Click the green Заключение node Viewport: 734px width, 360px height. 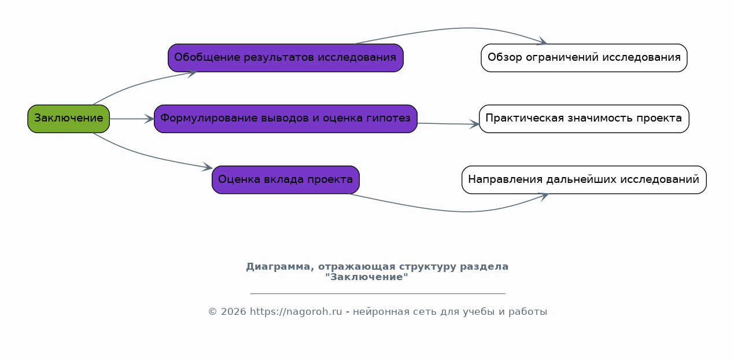[68, 119]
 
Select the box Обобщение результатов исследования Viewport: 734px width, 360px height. [285, 58]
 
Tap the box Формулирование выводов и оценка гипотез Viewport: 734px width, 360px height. [285, 119]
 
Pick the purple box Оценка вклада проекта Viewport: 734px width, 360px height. [285, 179]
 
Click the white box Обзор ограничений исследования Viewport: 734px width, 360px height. [584, 58]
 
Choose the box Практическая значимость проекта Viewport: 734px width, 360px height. [584, 119]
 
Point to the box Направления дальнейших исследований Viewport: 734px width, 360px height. [584, 179]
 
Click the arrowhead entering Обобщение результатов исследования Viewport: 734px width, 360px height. [192, 73]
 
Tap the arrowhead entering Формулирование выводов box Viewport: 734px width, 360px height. [149, 119]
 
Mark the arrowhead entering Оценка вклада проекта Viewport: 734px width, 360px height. [208, 167]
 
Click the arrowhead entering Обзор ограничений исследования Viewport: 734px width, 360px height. [542, 41]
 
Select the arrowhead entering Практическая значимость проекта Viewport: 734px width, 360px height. [474, 124]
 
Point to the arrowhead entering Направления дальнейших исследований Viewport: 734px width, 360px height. [544, 197]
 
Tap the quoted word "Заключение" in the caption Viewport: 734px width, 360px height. [367, 277]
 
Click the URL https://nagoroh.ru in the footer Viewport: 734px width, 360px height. [296, 311]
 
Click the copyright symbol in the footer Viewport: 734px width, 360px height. [213, 311]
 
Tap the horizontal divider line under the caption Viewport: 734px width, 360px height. [378, 293]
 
